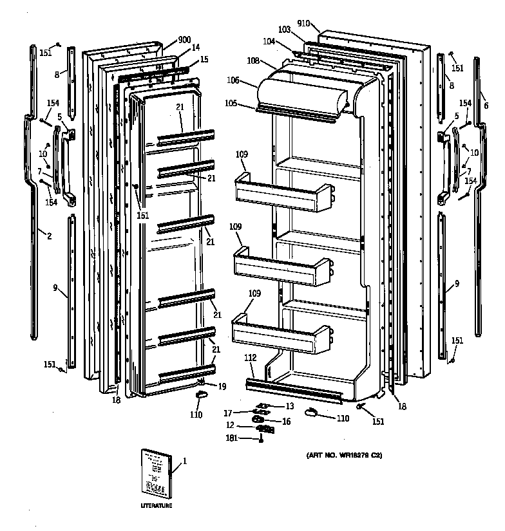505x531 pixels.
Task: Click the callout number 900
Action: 184,40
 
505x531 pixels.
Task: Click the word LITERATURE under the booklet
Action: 157,506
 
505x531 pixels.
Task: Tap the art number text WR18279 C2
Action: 344,456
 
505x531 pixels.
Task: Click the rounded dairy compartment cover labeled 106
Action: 303,93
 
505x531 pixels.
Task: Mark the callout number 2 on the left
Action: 49,236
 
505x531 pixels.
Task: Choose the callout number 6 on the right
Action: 486,105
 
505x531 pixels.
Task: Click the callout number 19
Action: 222,386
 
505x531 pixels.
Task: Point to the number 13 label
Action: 289,406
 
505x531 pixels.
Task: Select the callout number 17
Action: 227,413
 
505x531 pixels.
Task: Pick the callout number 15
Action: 204,59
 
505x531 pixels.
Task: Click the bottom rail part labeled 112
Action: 296,390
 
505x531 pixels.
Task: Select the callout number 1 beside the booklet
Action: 184,461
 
